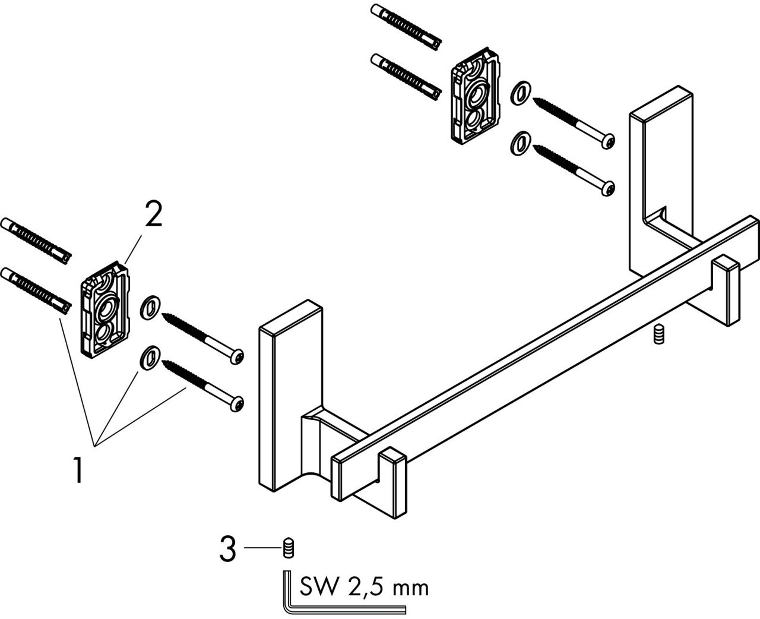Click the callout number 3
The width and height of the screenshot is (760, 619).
tap(227, 549)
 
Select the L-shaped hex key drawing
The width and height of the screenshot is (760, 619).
tap(344, 593)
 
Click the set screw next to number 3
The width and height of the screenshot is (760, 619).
tap(289, 548)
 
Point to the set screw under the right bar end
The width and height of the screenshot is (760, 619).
tap(659, 334)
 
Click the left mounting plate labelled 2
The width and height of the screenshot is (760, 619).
tap(105, 309)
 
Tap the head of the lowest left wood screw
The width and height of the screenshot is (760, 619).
tap(236, 404)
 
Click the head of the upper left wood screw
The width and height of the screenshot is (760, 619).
tap(236, 356)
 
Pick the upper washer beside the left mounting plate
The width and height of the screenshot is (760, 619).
tap(150, 307)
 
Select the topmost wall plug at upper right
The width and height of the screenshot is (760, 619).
tap(406, 27)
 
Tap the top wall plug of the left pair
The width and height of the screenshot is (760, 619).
tap(36, 241)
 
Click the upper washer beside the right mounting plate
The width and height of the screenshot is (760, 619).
tap(521, 93)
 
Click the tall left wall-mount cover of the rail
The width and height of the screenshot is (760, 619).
tap(290, 396)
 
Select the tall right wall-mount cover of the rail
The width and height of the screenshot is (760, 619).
tap(661, 182)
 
